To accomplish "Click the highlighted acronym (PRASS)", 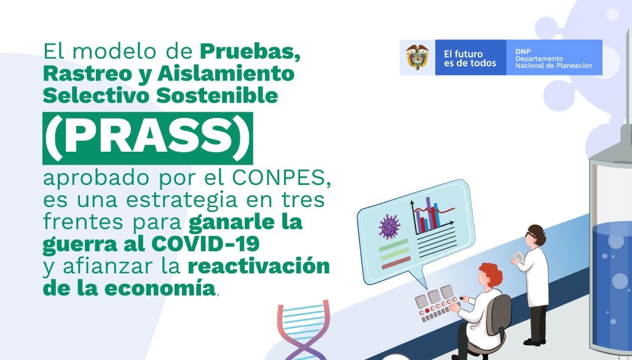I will click(x=148, y=138).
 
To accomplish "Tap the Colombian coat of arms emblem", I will click(x=417, y=58).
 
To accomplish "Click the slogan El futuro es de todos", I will click(x=470, y=58).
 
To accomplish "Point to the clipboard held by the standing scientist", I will click(x=519, y=256).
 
